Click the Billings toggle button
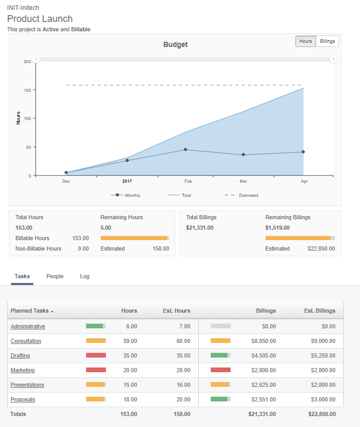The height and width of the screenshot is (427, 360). [x=328, y=41]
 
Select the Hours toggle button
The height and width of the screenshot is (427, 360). [x=306, y=41]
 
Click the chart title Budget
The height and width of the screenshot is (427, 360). [x=175, y=44]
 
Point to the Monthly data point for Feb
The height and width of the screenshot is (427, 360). [x=185, y=149]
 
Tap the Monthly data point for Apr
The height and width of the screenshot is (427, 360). [x=303, y=152]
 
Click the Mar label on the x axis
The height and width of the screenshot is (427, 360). [x=243, y=181]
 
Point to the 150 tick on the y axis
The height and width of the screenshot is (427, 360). [x=27, y=90]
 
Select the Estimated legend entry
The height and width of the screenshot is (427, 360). [x=248, y=195]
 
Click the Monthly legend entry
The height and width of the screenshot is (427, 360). [x=132, y=195]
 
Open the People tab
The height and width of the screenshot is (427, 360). [x=55, y=276]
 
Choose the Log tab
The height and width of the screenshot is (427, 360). [x=85, y=276]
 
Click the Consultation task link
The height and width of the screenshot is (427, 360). [x=26, y=341]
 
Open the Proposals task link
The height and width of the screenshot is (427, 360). [x=22, y=399]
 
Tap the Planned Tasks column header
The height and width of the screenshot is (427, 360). [x=30, y=311]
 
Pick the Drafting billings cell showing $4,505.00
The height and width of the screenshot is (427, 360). [x=263, y=355]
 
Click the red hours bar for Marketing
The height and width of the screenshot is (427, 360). [x=96, y=370]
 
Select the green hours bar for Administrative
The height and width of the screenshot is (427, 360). [x=95, y=326]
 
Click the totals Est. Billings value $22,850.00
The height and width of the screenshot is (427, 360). [x=322, y=414]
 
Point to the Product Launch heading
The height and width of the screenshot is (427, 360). [x=40, y=19]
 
